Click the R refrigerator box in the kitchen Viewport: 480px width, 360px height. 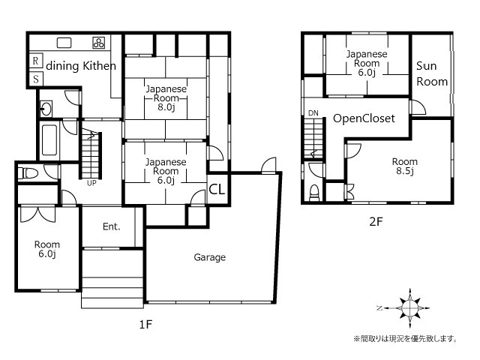coord(35,61)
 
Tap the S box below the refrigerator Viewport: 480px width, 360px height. coord(36,79)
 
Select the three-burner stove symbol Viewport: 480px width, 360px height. coord(98,43)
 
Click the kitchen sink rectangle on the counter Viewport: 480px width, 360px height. coord(64,43)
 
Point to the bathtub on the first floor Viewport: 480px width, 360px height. coord(49,140)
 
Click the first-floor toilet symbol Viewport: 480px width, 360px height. coord(28,173)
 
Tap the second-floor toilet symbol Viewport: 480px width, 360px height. coord(314,193)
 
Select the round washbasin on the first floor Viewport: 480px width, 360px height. coord(46,109)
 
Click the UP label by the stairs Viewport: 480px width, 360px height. coord(91,183)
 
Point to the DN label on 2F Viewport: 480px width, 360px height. coord(313,113)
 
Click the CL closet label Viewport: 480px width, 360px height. coord(217,190)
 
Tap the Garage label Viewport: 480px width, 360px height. coord(210,257)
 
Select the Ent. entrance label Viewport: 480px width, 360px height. coord(112,226)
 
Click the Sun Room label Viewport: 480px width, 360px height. coord(432,73)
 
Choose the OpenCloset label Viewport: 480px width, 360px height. coord(364,118)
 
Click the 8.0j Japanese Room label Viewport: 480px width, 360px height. coord(166,98)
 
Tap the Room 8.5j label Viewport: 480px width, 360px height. coord(405,166)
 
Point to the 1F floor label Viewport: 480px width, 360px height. coord(145,324)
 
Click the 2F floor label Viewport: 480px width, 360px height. coord(376,221)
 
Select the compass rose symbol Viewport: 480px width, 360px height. coord(409,307)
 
